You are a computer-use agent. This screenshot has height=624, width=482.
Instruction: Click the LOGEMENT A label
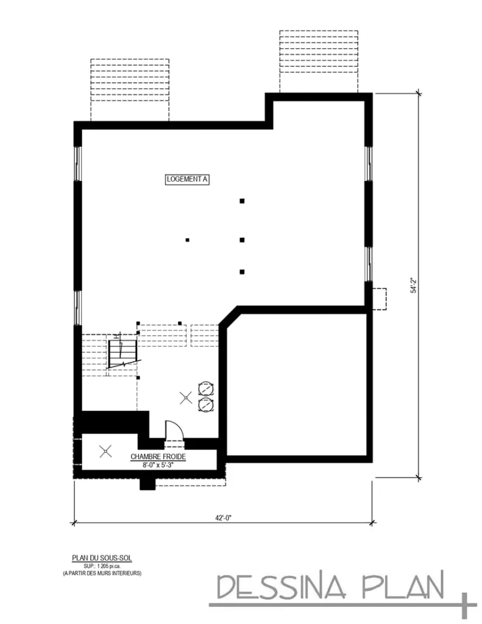[x=188, y=179]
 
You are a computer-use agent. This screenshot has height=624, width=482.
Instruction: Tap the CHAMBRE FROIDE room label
[x=158, y=456]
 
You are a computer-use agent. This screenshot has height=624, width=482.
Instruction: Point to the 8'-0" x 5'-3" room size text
[x=158, y=464]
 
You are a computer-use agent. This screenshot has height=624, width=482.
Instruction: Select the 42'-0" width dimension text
[x=224, y=518]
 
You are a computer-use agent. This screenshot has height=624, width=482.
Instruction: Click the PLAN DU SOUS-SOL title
[x=102, y=558]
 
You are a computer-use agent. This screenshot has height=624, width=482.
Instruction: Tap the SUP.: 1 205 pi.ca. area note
[x=102, y=565]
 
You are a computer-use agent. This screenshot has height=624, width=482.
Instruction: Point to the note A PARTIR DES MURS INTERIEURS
[x=102, y=573]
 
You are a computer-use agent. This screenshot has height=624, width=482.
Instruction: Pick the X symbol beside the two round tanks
[x=185, y=398]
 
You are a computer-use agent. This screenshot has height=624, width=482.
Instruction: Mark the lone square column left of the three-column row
[x=188, y=240]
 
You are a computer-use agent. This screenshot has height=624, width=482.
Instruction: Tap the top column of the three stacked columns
[x=242, y=200]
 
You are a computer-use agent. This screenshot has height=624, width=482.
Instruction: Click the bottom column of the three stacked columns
[x=242, y=271]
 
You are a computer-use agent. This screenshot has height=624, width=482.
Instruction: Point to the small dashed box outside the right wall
[x=380, y=299]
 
